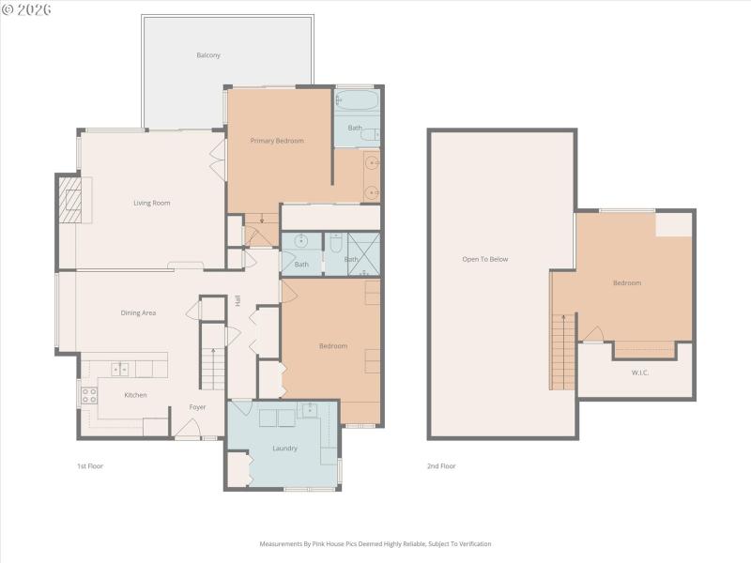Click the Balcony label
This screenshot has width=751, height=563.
[208, 55]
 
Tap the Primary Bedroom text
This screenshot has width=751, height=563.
[277, 141]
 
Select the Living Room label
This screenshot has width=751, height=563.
[151, 203]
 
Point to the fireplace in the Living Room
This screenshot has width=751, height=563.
[72, 200]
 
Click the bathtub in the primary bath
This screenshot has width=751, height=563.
[357, 99]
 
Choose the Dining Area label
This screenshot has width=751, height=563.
[138, 312]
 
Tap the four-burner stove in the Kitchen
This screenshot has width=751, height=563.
[89, 395]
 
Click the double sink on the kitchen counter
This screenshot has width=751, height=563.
[121, 369]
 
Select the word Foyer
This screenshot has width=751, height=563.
[197, 407]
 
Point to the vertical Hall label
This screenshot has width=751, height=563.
[238, 301]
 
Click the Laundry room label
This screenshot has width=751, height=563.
[284, 449]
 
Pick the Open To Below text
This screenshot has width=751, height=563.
[484, 259]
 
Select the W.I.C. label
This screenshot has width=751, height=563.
[640, 373]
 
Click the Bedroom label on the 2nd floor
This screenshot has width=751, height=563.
[627, 283]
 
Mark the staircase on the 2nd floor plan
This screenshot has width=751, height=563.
[562, 351]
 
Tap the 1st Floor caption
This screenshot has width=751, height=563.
[90, 465]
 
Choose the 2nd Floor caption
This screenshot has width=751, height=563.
[441, 465]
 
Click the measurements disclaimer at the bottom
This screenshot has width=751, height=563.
[375, 543]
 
